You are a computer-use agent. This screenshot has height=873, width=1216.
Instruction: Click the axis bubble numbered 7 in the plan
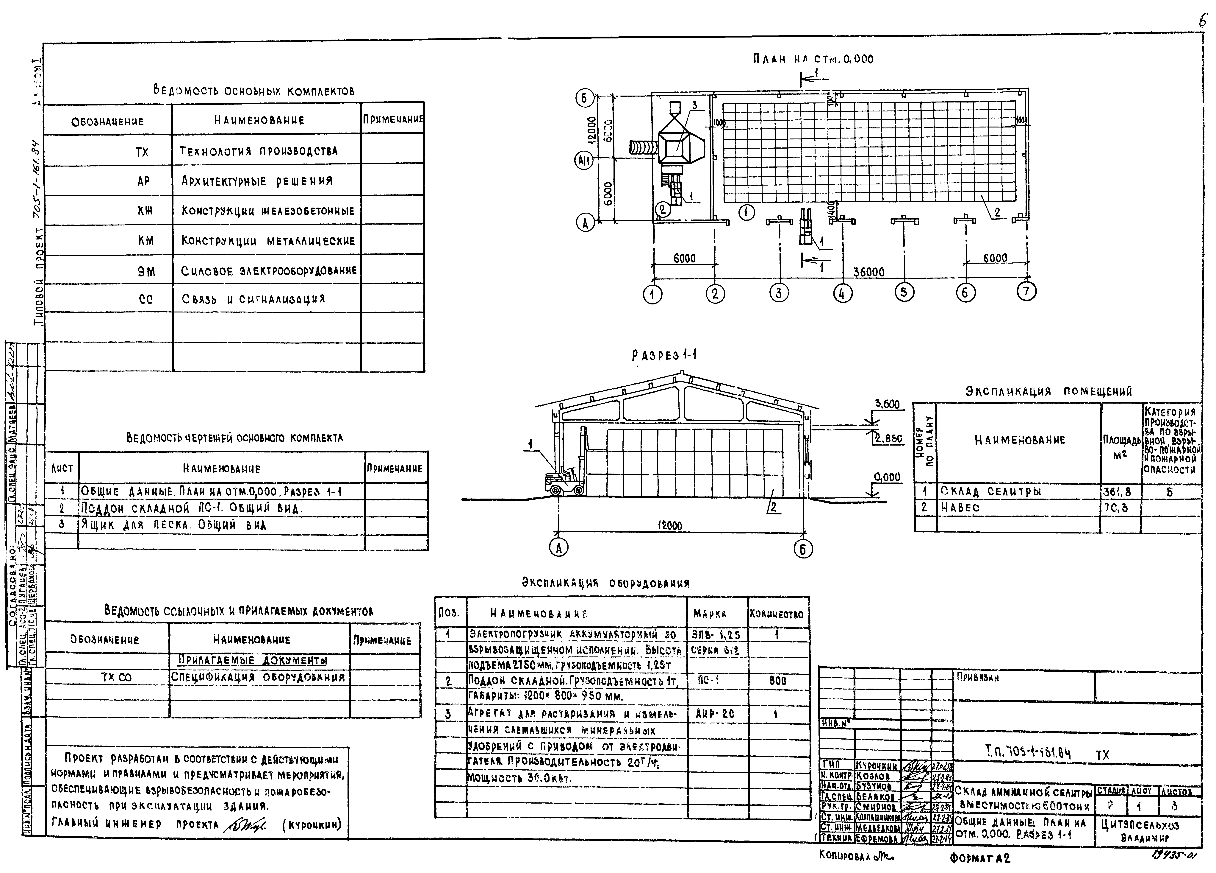1026,291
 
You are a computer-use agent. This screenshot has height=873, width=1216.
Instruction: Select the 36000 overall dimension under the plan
868,272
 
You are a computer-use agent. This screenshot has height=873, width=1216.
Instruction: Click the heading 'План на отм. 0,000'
813,59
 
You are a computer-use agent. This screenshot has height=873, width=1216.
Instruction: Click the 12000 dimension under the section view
670,526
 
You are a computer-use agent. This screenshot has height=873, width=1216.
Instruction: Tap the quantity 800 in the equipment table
777,681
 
